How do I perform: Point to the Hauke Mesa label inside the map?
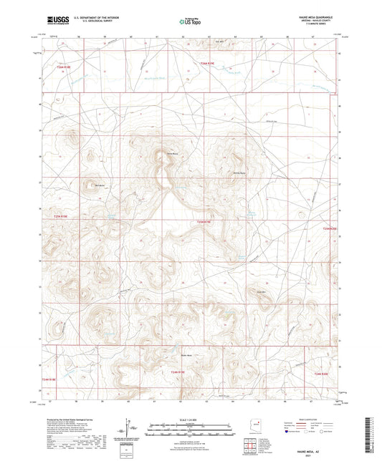(x=172, y=152)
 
